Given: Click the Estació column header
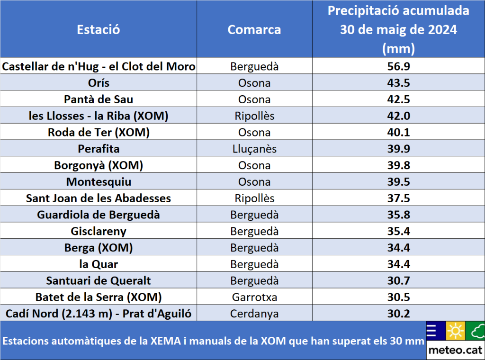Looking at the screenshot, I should point(99,29).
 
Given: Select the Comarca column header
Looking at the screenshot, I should point(254,29).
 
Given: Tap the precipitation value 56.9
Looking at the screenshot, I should point(398,67).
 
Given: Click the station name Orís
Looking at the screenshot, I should point(99,83).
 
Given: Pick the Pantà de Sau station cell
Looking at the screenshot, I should point(99,99).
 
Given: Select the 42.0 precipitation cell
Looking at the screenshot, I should point(398,116).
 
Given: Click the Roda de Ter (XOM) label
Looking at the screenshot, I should point(99,133).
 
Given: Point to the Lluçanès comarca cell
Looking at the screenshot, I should point(254,149).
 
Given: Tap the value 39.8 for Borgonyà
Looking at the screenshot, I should point(398,165).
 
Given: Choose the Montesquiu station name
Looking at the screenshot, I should point(99,182).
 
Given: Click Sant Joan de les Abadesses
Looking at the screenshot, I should point(99,198).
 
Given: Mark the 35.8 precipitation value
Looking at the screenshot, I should point(398,215).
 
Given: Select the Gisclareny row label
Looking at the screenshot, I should point(99,231).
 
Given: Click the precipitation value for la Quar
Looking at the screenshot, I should point(398,264).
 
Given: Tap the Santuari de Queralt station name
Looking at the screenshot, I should point(99,280).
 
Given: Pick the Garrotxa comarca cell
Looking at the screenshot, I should point(254,297).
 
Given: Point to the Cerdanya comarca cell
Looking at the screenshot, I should point(254,314).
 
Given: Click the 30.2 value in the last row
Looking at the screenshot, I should point(398,314).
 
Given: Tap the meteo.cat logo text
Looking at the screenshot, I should point(455,351).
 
